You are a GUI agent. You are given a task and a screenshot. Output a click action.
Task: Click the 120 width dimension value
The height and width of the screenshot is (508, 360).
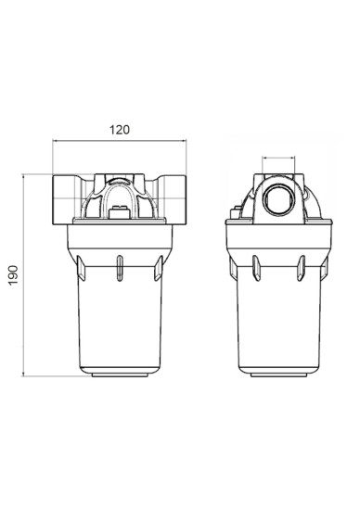120,130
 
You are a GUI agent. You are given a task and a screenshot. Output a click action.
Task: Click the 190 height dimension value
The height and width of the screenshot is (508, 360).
13,275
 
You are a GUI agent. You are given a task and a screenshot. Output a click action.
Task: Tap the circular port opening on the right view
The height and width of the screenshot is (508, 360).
278,200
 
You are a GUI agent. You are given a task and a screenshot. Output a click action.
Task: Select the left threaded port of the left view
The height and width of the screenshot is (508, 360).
64,199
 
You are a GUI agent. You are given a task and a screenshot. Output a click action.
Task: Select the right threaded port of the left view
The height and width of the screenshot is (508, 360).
174,199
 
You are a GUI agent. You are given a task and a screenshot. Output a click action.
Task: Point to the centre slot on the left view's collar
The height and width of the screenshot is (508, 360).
120,268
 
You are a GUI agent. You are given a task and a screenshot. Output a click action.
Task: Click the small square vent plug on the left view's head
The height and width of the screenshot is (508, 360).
120,212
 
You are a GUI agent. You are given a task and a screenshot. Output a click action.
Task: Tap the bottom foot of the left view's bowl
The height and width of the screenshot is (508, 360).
120,375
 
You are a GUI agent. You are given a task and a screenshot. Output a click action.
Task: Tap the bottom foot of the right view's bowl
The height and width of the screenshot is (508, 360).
278,375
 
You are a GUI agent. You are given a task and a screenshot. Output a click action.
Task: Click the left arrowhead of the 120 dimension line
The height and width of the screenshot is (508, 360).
55,141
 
